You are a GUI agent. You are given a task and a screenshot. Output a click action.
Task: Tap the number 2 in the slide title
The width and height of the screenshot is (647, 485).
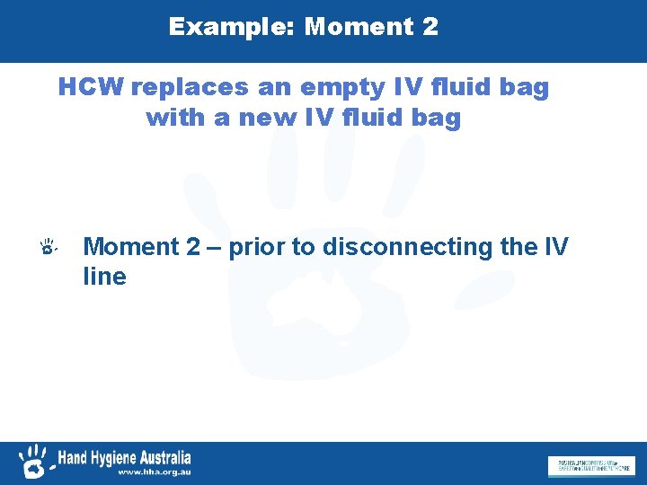pos(429,27)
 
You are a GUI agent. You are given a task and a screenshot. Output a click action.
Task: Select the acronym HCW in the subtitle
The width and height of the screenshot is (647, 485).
pos(91,88)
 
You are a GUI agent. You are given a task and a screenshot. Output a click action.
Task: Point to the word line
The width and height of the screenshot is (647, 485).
pos(104,277)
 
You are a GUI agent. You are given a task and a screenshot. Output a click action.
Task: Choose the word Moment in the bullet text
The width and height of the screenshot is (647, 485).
pos(131,246)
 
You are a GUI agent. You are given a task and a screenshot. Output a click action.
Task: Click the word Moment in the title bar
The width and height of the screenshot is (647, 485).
pos(355,27)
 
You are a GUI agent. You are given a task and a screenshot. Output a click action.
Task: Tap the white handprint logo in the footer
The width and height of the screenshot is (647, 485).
pos(34,460)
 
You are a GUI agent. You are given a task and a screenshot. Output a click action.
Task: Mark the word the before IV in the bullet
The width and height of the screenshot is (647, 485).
pos(523,246)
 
